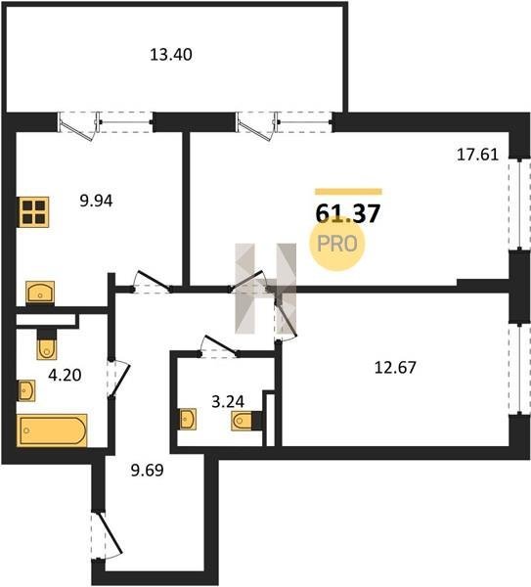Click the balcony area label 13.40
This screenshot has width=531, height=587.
[171, 55]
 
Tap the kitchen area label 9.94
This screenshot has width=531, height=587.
[96, 201]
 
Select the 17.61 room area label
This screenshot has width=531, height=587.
[478, 155]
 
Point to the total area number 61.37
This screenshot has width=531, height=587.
[348, 213]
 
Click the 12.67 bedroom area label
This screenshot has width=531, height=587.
[395, 368]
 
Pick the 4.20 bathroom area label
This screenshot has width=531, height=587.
[65, 375]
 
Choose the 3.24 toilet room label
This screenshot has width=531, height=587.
[228, 402]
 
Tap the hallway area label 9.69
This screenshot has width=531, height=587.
[147, 470]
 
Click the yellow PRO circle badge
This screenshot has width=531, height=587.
[336, 244]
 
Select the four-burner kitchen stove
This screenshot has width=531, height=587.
[33, 212]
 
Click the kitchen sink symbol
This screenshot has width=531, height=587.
[40, 292]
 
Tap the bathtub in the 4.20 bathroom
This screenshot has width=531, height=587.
[52, 430]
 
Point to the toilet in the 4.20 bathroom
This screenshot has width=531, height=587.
[47, 344]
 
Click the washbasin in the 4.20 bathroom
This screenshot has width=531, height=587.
[26, 390]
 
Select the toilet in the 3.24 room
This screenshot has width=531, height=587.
[246, 421]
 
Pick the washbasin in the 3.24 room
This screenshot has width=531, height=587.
[188, 419]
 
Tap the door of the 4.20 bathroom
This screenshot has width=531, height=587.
[118, 379]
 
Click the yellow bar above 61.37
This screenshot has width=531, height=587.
[348, 192]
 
